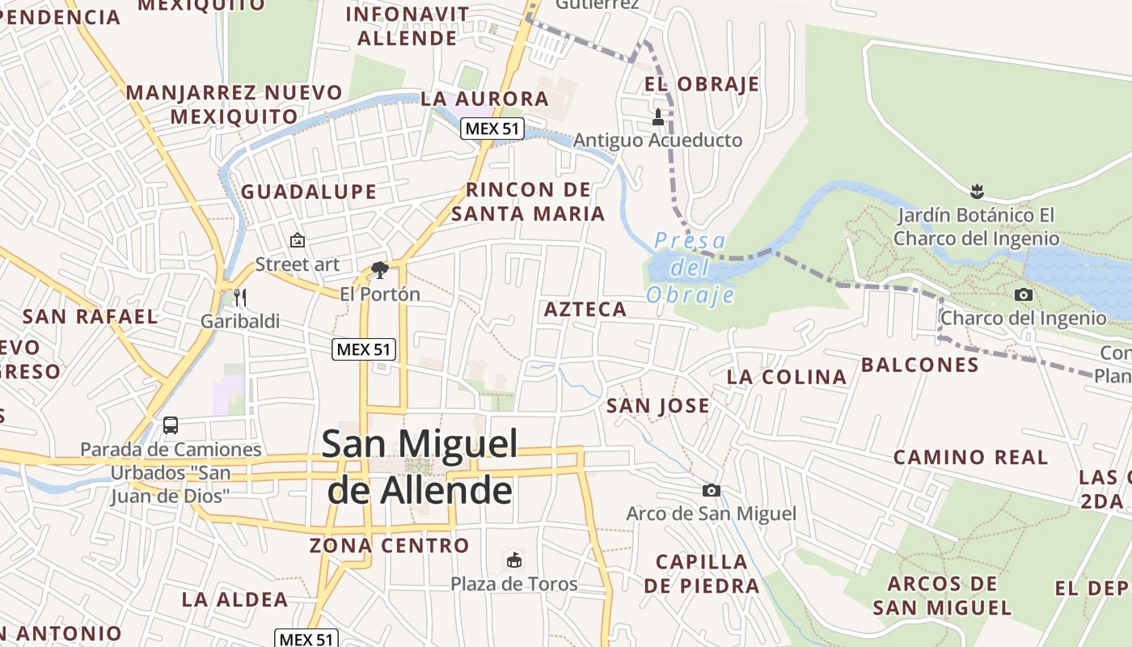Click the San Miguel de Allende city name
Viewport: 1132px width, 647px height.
click(420, 467)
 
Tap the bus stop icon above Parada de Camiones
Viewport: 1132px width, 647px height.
click(171, 425)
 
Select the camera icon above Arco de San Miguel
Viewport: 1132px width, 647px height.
click(712, 490)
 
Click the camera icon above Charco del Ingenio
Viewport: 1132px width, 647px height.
click(1024, 294)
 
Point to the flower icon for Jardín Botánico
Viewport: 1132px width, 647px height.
click(977, 192)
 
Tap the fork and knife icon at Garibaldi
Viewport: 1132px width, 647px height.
click(239, 298)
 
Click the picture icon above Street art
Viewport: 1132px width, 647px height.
click(298, 240)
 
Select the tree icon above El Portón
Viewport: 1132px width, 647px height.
click(379, 269)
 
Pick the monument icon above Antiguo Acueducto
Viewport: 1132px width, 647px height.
click(657, 117)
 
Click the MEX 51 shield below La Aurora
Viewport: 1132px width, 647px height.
click(493, 128)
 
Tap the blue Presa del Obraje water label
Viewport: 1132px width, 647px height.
click(691, 268)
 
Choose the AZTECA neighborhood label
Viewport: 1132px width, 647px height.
click(585, 309)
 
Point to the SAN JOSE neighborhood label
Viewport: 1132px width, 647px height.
click(658, 405)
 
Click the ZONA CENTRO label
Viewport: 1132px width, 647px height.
click(389, 545)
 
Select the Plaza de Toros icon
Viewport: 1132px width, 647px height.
click(514, 560)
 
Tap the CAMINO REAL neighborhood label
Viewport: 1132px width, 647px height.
click(970, 457)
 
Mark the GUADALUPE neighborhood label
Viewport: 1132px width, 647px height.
click(309, 192)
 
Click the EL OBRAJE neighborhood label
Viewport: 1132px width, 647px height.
click(702, 84)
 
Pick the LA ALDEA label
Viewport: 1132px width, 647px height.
click(234, 599)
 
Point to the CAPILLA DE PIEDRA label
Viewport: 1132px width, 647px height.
click(702, 573)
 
